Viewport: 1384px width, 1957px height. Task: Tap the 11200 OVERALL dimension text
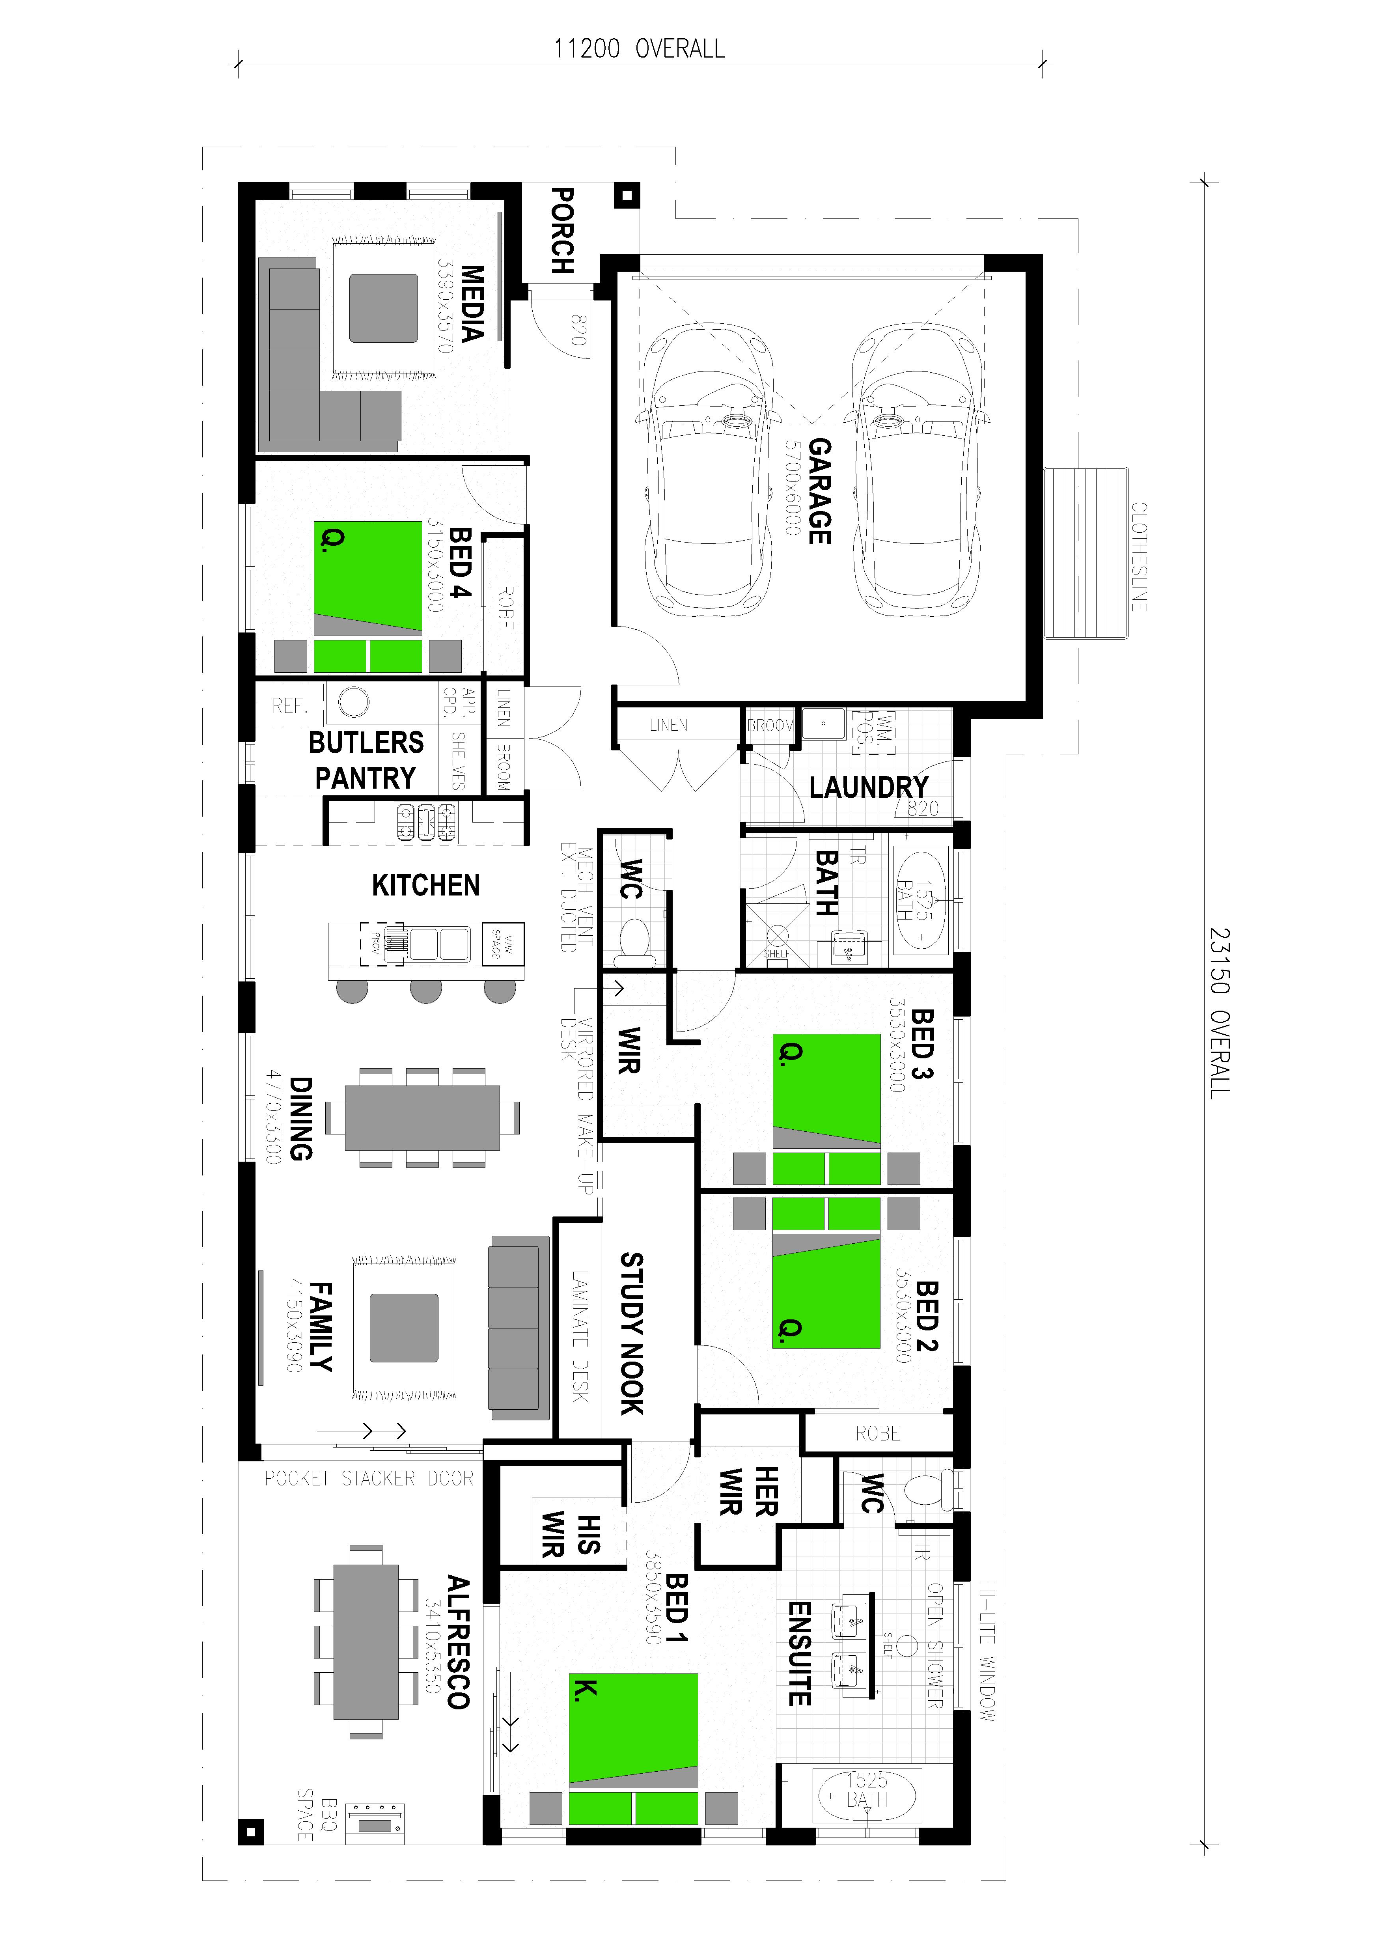click(x=639, y=49)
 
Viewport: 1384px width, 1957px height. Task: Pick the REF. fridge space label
click(x=290, y=706)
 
